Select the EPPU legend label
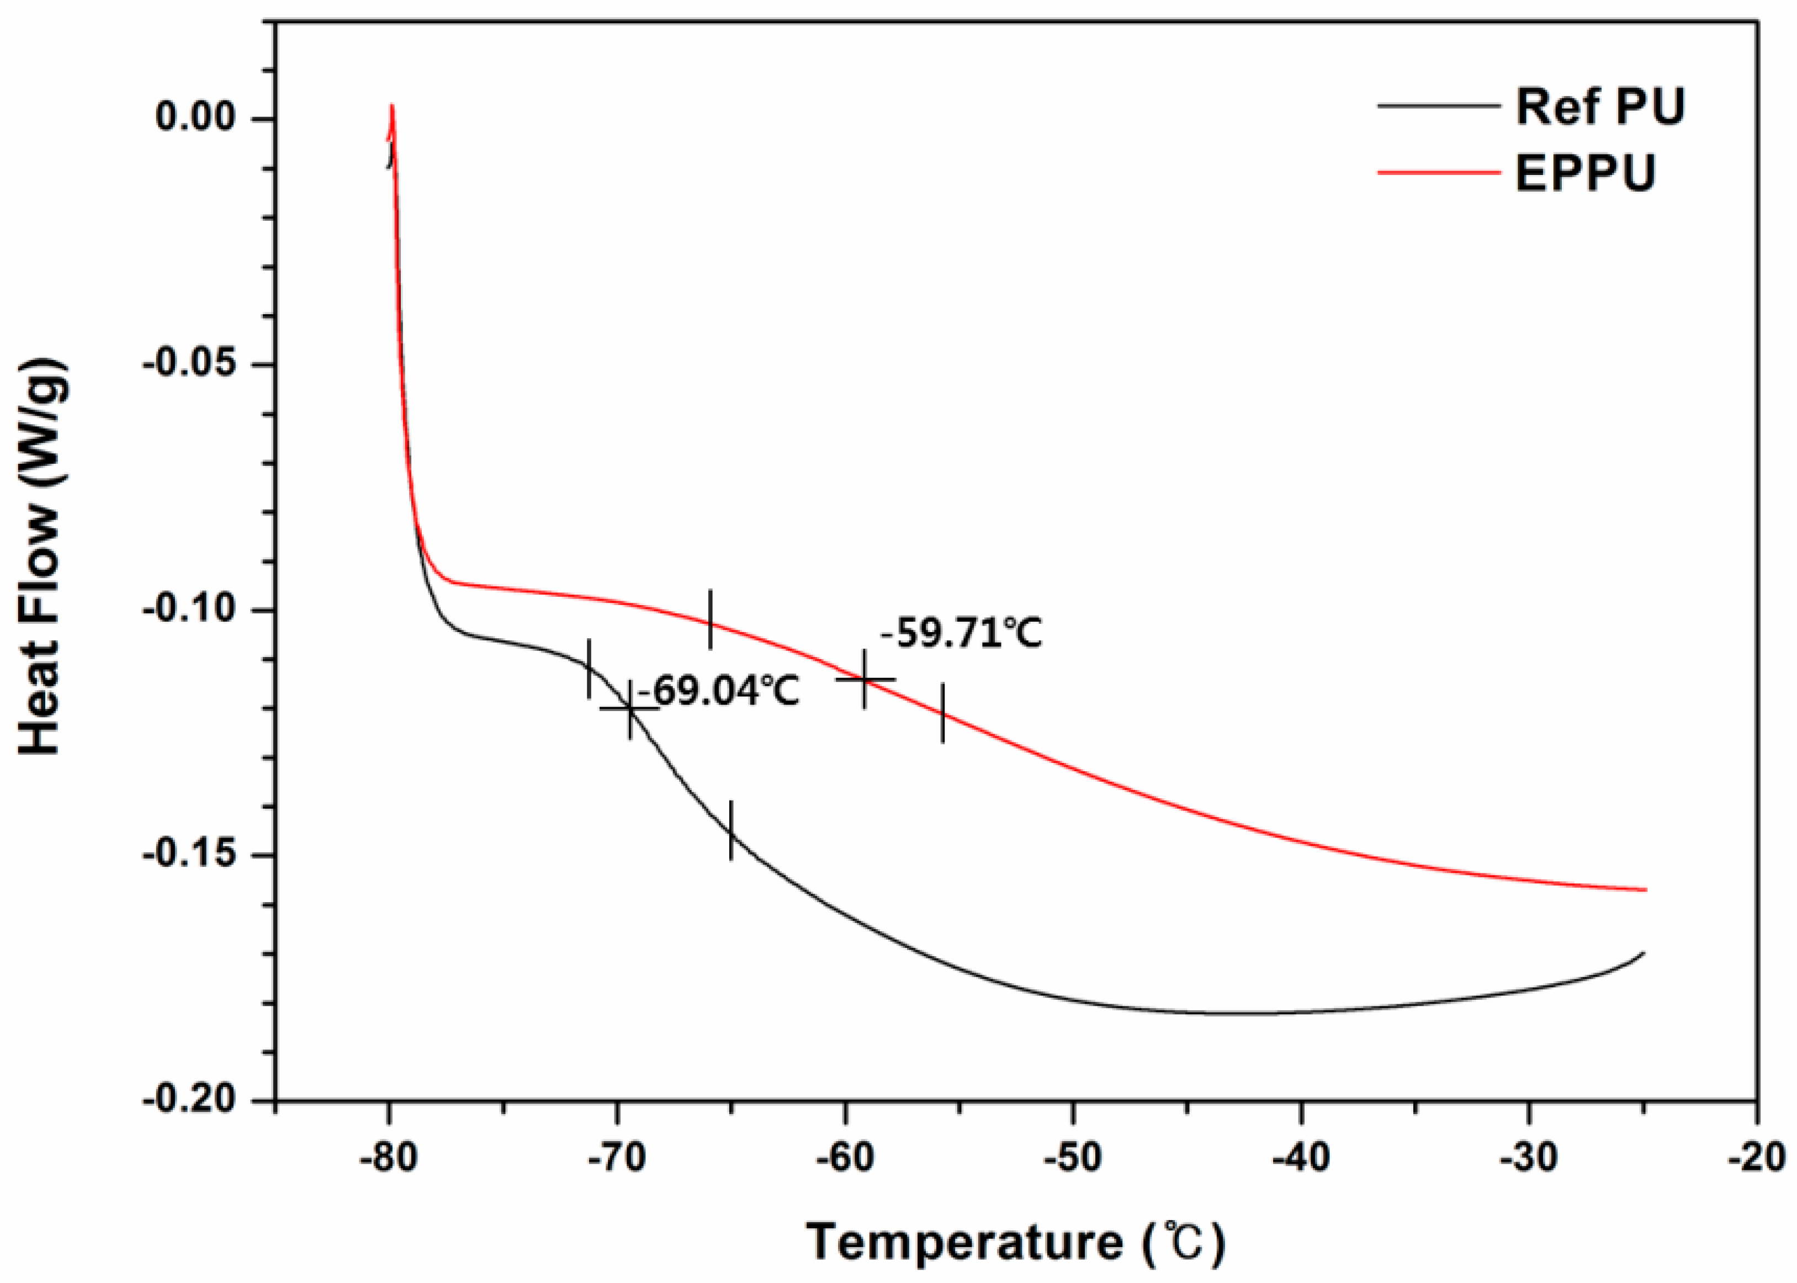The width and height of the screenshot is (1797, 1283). click(x=1584, y=172)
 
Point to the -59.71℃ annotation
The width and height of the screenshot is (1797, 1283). click(x=961, y=633)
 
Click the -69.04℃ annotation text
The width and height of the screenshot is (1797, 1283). click(x=719, y=691)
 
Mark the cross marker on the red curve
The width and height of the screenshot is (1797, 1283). click(x=865, y=678)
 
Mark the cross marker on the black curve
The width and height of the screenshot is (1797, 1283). click(x=629, y=709)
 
